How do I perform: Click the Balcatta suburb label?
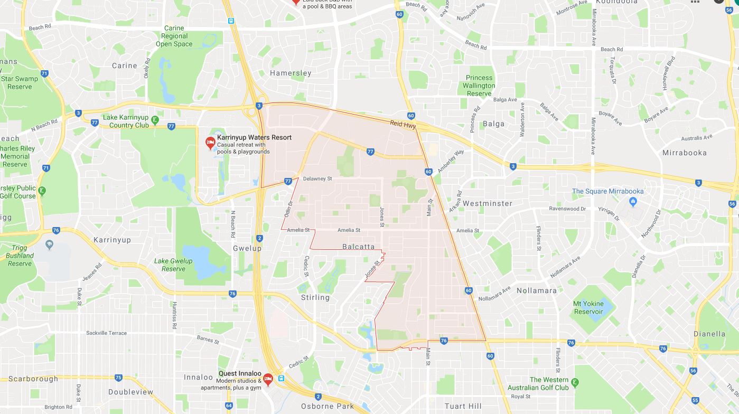click(x=358, y=247)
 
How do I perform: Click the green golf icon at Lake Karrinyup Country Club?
click(x=154, y=120)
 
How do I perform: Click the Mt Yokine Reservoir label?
click(x=588, y=308)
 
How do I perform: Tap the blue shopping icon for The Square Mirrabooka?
click(x=633, y=201)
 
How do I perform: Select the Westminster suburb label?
click(x=487, y=203)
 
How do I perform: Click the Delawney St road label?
click(x=317, y=179)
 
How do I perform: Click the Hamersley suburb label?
click(x=291, y=73)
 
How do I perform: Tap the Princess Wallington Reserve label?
click(x=479, y=86)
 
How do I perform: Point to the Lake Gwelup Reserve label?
click(x=173, y=265)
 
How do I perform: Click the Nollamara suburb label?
click(x=537, y=290)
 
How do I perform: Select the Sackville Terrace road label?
click(x=106, y=333)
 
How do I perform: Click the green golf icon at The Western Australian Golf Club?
click(x=576, y=382)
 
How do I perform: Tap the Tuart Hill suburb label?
click(x=463, y=406)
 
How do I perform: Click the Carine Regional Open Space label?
click(x=174, y=36)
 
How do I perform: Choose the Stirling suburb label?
click(x=315, y=297)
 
